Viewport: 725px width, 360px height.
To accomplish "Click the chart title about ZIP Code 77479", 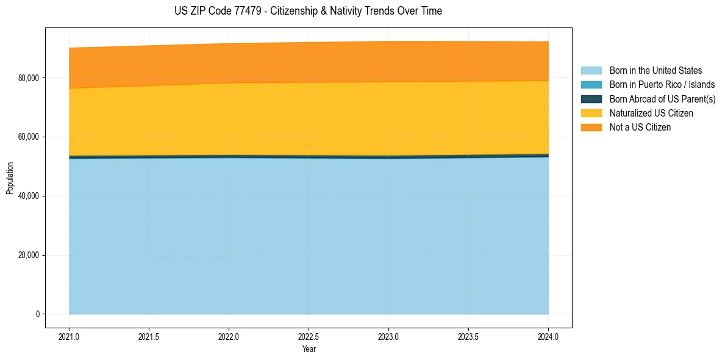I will coord(308,11).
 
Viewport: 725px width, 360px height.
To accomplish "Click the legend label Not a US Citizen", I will coord(640,128).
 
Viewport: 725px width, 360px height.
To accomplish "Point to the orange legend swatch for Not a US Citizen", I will coord(591,128).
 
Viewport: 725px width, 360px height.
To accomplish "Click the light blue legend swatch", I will coord(591,71).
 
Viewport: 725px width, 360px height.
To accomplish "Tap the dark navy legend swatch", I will coord(591,99).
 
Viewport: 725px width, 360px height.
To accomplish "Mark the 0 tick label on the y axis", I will coord(37,314).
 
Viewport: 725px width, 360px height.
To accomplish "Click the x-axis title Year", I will coord(309,350).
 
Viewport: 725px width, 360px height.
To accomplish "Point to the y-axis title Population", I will coord(9,178).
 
